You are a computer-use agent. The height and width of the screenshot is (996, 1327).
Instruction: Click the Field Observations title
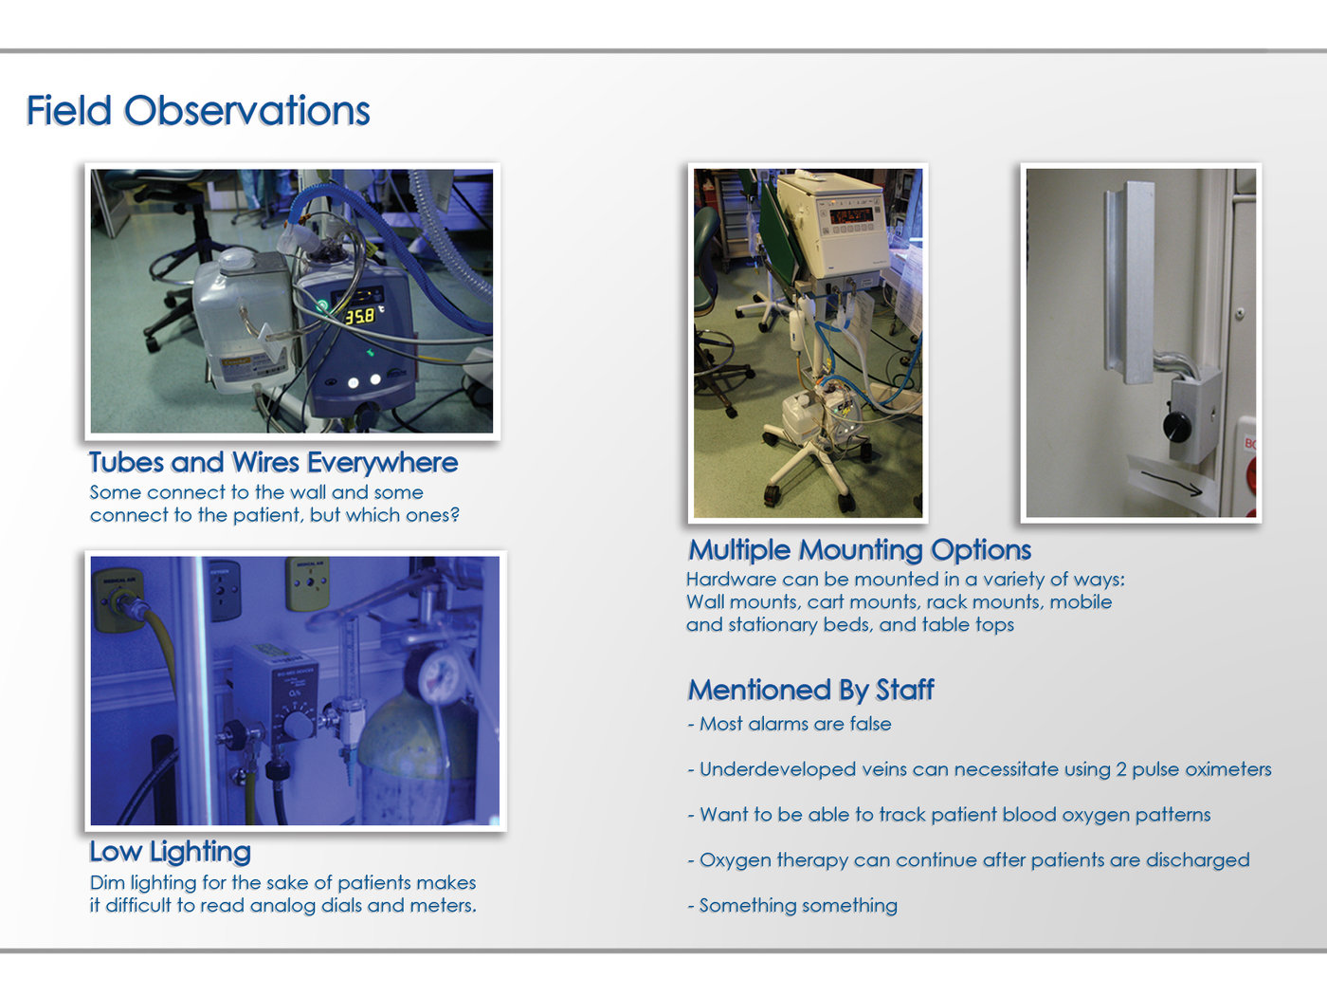click(x=198, y=110)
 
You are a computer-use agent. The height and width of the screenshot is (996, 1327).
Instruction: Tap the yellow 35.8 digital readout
click(x=359, y=316)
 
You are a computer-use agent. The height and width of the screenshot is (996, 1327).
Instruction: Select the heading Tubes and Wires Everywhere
click(x=273, y=463)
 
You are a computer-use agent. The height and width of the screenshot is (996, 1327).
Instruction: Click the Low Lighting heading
click(x=170, y=852)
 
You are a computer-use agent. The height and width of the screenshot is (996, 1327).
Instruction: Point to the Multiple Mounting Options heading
click(x=860, y=550)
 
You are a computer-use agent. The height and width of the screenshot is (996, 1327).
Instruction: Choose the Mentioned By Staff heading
click(x=810, y=690)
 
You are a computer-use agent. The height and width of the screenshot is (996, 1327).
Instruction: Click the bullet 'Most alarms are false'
click(x=790, y=724)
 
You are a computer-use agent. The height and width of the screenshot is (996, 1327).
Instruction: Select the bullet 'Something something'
click(x=792, y=905)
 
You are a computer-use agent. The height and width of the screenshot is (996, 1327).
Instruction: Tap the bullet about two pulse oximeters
click(x=979, y=769)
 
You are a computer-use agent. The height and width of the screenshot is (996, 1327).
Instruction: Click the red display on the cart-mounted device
click(x=850, y=215)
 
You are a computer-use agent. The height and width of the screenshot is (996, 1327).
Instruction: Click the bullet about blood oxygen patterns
click(x=949, y=815)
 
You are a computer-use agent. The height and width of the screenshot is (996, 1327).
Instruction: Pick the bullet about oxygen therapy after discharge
click(x=969, y=860)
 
